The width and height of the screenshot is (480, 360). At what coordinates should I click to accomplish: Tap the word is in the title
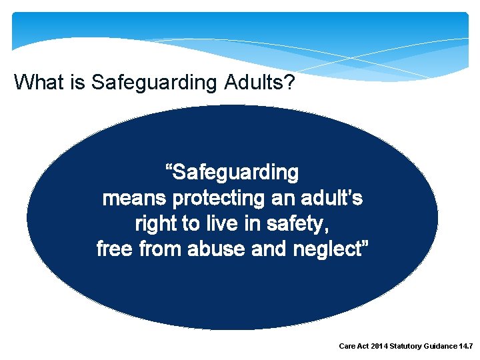click(x=79, y=83)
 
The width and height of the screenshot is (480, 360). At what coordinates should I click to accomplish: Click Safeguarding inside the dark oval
click(x=235, y=173)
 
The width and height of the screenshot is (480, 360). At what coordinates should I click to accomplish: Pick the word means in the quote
click(x=134, y=199)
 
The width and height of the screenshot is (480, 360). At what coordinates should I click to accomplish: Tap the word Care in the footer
click(x=348, y=347)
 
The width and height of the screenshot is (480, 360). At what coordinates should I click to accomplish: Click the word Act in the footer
click(x=365, y=347)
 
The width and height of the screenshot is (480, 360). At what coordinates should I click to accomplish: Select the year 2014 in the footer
click(x=382, y=347)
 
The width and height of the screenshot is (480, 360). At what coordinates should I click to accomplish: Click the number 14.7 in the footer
click(x=466, y=347)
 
